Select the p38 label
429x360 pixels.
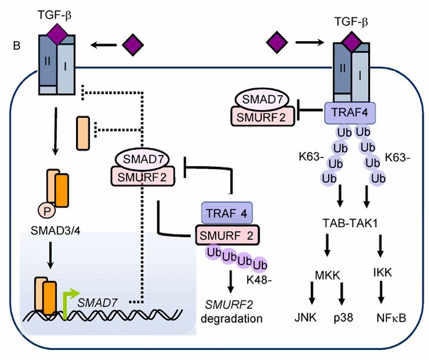pyautogui.click(x=345, y=319)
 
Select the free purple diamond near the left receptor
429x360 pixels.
pyautogui.click(x=133, y=44)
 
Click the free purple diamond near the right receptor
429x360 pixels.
pyautogui.click(x=276, y=42)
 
